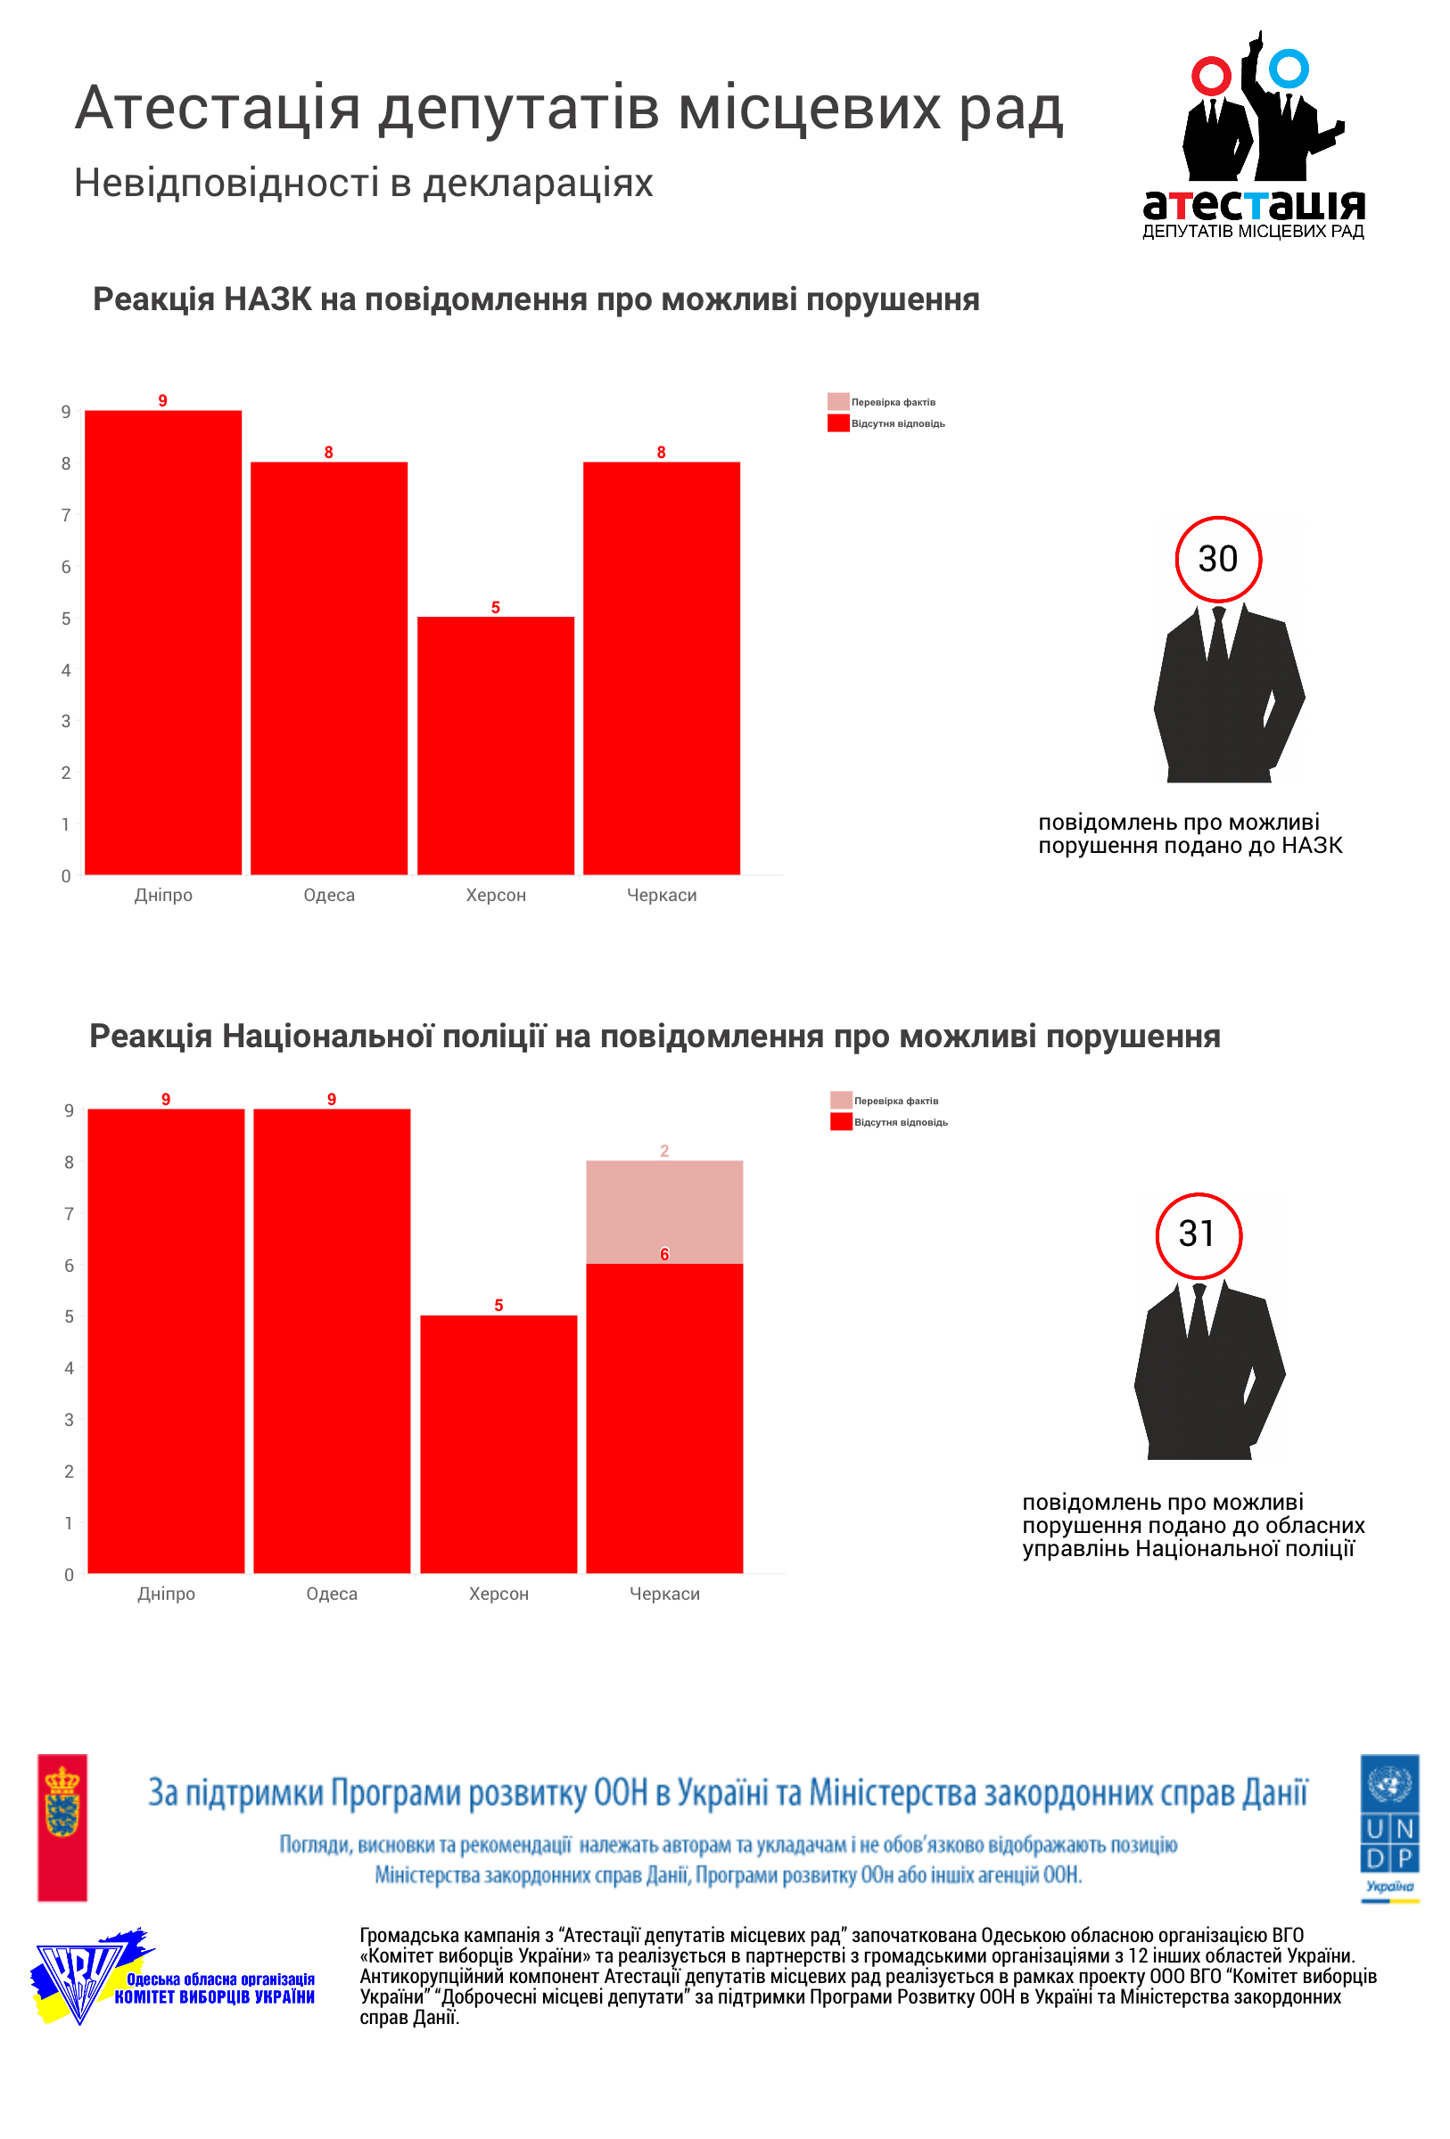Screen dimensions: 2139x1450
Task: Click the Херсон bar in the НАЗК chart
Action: (495, 745)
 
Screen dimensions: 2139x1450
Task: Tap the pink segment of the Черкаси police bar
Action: (663, 1211)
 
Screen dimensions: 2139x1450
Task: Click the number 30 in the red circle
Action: (1217, 559)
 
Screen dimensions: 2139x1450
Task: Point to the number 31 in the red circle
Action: (1197, 1234)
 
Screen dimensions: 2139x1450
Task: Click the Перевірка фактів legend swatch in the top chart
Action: (837, 401)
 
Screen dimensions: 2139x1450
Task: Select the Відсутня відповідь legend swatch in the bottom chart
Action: (841, 1122)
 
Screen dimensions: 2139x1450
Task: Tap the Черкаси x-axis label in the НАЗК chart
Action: (661, 895)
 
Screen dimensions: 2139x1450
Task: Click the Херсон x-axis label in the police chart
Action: (498, 1594)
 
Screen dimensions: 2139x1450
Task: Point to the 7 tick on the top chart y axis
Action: (65, 515)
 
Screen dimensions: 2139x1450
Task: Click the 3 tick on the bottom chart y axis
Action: (69, 1420)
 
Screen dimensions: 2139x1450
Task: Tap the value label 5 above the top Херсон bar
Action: (495, 608)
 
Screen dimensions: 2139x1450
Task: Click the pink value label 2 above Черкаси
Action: (663, 1151)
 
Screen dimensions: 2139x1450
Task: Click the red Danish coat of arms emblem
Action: (62, 1826)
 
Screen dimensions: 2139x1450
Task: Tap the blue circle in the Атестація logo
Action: (1288, 69)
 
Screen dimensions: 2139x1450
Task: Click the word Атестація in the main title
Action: (218, 109)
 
